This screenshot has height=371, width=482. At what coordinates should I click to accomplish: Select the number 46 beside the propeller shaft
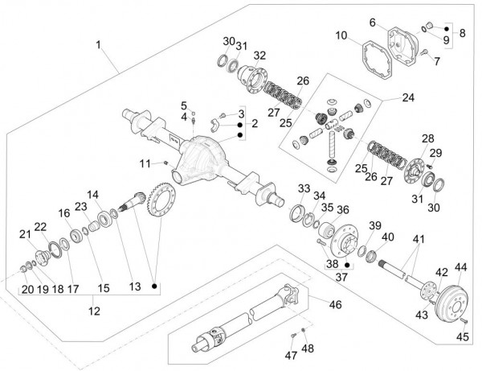(x=335, y=304)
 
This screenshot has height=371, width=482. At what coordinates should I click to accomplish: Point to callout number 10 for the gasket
(x=341, y=35)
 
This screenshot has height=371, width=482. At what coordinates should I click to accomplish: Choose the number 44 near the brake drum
(x=460, y=266)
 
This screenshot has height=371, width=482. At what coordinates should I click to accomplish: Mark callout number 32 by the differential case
(x=259, y=56)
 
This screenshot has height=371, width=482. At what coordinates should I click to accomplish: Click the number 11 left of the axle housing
(x=145, y=163)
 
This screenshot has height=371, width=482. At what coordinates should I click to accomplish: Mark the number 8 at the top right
(x=462, y=34)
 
